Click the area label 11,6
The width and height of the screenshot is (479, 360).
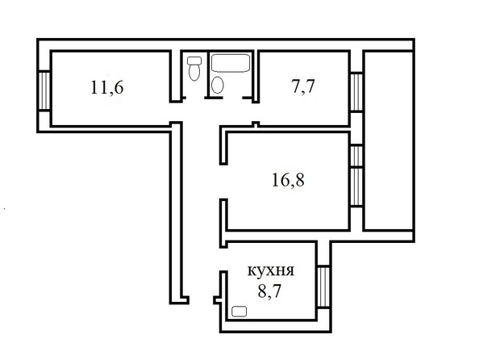click(107, 87)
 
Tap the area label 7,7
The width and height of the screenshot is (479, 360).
click(302, 86)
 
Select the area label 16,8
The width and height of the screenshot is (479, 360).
click(288, 180)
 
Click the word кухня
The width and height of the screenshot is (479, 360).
click(270, 271)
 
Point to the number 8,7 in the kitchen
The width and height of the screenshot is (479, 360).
click(269, 291)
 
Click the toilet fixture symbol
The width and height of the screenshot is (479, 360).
click(194, 69)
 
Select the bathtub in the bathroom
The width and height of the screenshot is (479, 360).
click(231, 63)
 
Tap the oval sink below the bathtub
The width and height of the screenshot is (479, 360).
click(217, 85)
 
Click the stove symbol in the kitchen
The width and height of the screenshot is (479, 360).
click(240, 312)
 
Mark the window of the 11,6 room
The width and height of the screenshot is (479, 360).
click(44, 90)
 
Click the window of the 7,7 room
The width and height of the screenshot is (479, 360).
click(356, 92)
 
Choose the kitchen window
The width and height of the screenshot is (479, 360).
click(323, 287)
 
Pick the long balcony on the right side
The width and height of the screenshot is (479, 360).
click(388, 140)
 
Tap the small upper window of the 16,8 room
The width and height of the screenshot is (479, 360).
click(356, 156)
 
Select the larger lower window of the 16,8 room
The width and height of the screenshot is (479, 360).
click(356, 187)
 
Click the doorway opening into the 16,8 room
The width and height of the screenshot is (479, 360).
click(223, 182)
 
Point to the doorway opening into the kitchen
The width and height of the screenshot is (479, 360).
click(223, 259)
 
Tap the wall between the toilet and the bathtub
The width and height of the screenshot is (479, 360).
click(208, 73)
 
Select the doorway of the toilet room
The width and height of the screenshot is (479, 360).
click(195, 98)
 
